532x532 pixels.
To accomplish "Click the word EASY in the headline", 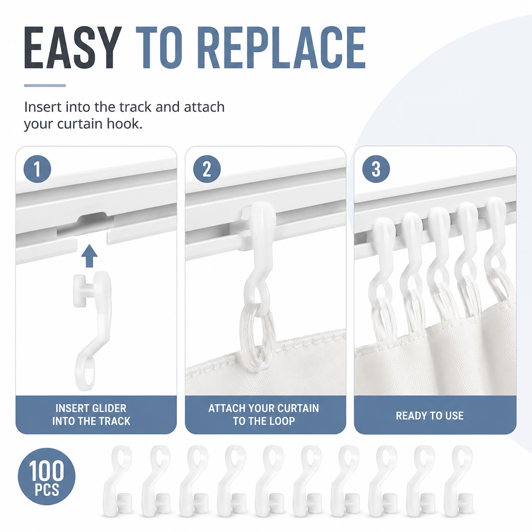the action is tap(73, 47).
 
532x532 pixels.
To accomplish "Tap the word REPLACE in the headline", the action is tap(282, 47).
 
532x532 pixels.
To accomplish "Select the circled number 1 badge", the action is tap(38, 169).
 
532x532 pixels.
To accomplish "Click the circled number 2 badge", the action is tap(207, 169).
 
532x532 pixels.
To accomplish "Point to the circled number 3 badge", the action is tap(376, 169).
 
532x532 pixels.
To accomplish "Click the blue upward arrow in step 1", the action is tap(89, 256).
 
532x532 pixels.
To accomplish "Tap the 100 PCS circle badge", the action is tap(47, 476).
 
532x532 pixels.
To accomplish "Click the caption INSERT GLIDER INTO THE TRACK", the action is tap(91, 415).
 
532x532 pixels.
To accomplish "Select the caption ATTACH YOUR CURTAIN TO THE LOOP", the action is tap(264, 415).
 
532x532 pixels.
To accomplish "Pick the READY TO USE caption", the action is tap(430, 416).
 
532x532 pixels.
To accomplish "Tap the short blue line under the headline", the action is tap(45, 86).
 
